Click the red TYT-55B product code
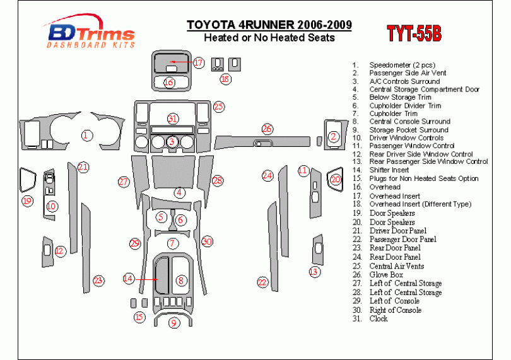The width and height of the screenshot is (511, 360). (x=414, y=33)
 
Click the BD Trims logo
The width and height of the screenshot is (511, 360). (x=89, y=32)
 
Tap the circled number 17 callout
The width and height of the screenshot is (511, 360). (x=199, y=62)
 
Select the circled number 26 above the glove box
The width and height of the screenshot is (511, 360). (x=267, y=129)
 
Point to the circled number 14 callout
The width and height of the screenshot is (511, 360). (x=129, y=279)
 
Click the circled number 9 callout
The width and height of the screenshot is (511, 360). (x=173, y=323)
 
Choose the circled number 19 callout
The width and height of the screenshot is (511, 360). (x=27, y=200)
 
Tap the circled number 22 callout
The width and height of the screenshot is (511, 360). (x=262, y=282)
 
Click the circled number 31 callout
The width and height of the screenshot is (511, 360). (x=173, y=119)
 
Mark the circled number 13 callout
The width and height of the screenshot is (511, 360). (x=314, y=272)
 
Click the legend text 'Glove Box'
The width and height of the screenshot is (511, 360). (x=386, y=275)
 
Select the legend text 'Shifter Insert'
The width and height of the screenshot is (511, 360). (x=389, y=170)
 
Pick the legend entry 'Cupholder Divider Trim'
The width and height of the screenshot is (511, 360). (x=405, y=105)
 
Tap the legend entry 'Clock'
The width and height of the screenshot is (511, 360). (x=379, y=318)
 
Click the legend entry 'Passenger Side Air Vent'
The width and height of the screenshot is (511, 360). (x=408, y=73)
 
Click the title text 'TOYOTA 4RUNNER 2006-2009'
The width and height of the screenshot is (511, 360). (x=269, y=25)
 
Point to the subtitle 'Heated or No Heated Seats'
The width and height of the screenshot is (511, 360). (x=269, y=37)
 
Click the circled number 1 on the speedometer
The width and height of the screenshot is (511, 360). (x=86, y=135)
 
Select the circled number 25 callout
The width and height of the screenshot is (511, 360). (x=219, y=107)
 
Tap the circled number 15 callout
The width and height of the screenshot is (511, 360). (x=139, y=316)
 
